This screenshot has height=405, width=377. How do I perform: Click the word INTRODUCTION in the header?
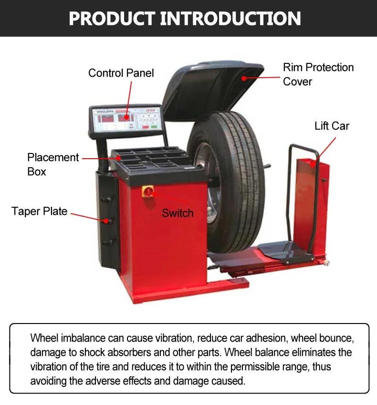click(230, 18)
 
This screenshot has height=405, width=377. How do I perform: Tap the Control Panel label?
click(121, 73)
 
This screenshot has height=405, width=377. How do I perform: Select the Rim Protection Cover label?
click(318, 74)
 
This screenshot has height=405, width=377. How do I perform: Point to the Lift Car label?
click(332, 126)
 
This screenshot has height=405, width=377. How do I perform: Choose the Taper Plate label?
click(40, 211)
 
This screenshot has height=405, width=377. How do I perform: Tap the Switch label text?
click(178, 213)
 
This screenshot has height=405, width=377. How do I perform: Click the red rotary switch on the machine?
click(149, 192)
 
